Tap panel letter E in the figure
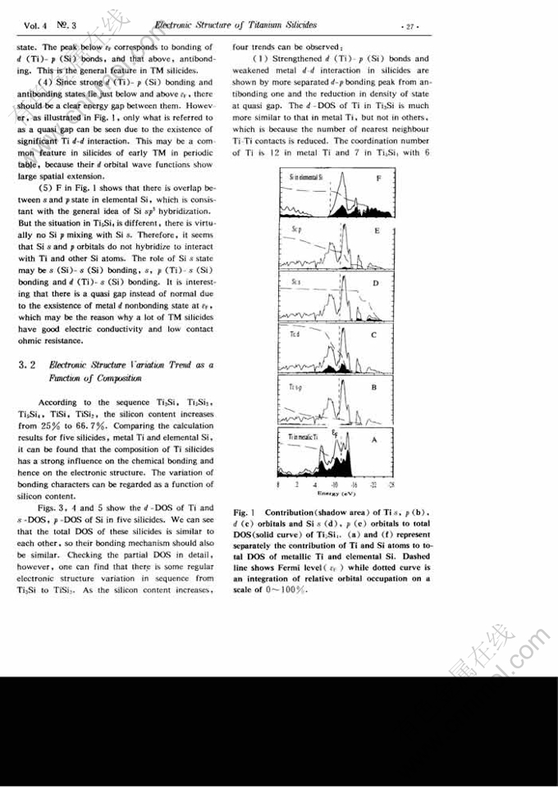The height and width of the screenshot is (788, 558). pos(376,231)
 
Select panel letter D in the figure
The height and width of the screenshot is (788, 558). pos(375,283)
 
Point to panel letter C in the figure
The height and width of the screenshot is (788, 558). pos(374,335)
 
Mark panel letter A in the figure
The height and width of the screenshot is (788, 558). pos(374,440)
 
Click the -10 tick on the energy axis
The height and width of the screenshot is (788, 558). pos(336,485)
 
